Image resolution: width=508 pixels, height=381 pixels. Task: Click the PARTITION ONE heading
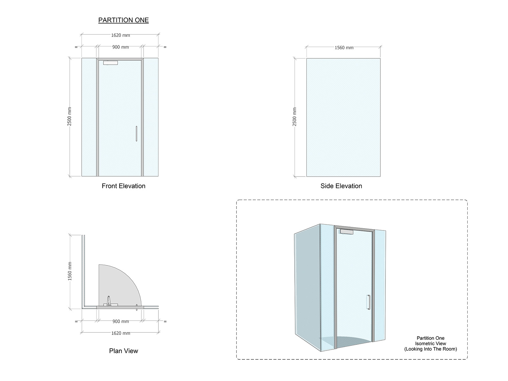[124, 20]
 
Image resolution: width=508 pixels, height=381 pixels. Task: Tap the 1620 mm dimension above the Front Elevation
[120, 35]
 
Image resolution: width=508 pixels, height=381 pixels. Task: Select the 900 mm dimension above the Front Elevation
[120, 47]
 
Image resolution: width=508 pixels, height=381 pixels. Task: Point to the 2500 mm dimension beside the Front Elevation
[69, 116]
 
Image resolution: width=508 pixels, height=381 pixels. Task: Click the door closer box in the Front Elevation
[110, 63]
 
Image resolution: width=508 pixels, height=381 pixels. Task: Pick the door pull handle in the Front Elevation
[137, 133]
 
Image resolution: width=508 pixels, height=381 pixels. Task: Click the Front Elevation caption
[124, 186]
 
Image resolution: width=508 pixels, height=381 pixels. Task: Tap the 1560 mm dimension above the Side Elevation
[344, 48]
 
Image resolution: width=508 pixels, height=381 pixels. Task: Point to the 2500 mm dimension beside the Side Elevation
[294, 117]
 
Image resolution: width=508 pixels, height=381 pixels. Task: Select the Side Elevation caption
[341, 186]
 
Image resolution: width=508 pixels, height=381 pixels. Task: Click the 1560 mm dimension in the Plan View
[70, 271]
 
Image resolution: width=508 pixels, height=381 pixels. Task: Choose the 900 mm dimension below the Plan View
[121, 321]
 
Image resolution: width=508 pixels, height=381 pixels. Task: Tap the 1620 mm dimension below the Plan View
[121, 333]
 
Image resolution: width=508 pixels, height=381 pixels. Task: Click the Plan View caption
[124, 351]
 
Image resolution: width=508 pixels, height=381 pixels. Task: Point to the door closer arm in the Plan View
[109, 301]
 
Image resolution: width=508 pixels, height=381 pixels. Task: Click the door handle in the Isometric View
[368, 302]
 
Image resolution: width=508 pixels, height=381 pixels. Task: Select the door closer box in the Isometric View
[346, 231]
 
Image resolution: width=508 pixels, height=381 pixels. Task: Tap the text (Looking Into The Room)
[431, 349]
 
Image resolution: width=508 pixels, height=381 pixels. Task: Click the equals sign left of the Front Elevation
[76, 47]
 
